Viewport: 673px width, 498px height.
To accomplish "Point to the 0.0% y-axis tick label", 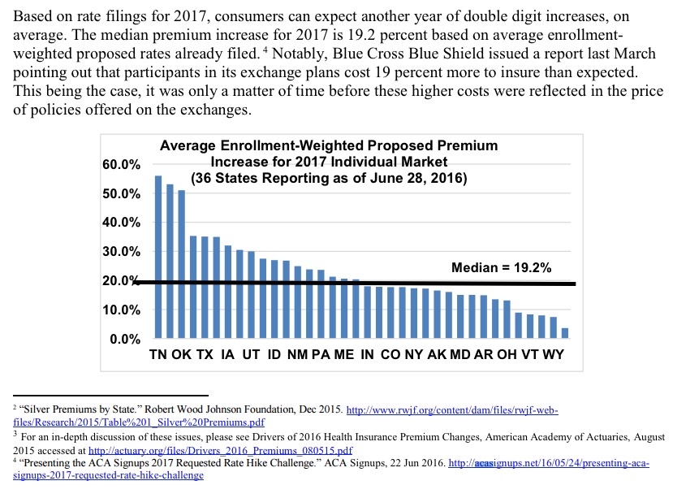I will pyautogui.click(x=126, y=339).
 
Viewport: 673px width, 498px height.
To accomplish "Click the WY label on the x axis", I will pyautogui.click(x=553, y=355).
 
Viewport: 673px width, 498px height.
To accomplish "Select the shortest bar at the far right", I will pyautogui.click(x=565, y=333).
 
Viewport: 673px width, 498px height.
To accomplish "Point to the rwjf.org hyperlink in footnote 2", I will pyautogui.click(x=452, y=410).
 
